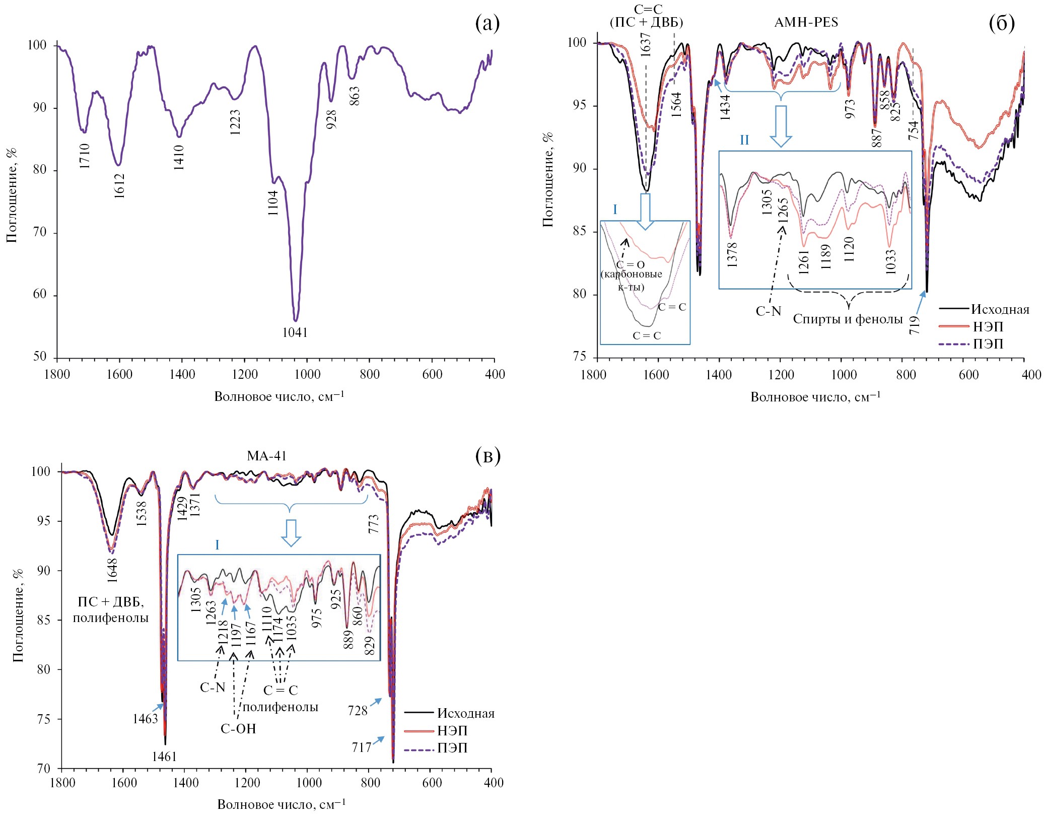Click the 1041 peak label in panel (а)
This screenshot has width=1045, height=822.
click(x=295, y=332)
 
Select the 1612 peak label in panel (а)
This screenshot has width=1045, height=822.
click(x=119, y=185)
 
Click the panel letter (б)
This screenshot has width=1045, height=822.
click(x=1001, y=23)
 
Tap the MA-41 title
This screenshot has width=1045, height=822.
click(x=266, y=456)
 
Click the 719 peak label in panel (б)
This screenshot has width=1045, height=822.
click(x=915, y=325)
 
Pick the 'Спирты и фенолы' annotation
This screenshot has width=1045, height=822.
click(x=848, y=319)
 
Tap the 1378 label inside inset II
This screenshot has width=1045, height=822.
click(x=732, y=254)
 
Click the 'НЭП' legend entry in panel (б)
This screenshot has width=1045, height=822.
click(x=988, y=326)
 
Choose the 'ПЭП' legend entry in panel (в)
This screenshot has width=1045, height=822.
click(x=452, y=748)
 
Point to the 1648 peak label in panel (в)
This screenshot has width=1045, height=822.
click(x=112, y=570)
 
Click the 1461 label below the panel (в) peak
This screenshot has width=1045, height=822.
click(x=164, y=757)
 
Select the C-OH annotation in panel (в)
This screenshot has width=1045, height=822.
click(x=238, y=729)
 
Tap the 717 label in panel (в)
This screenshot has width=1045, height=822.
click(x=362, y=747)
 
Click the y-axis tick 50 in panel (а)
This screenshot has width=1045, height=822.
click(x=40, y=357)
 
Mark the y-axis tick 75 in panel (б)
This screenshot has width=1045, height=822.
click(x=580, y=357)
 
